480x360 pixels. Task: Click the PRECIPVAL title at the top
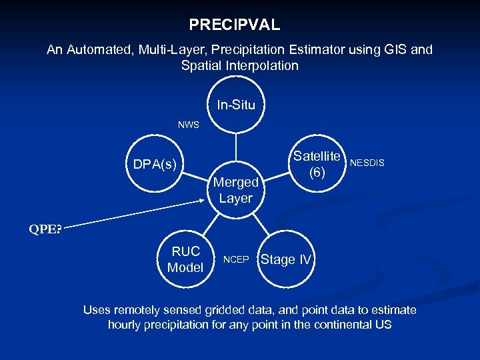pos(234,25)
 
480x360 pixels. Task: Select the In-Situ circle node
pos(235,105)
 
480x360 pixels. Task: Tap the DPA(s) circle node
pos(154,165)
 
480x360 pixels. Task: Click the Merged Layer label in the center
pos(235,190)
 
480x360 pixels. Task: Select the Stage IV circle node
pos(286,259)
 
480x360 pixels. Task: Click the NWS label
pos(188,125)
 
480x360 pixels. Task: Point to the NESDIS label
pos(367,162)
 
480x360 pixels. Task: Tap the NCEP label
pos(235,259)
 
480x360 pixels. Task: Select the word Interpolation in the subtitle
pos(261,65)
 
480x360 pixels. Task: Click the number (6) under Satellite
pos(317,172)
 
